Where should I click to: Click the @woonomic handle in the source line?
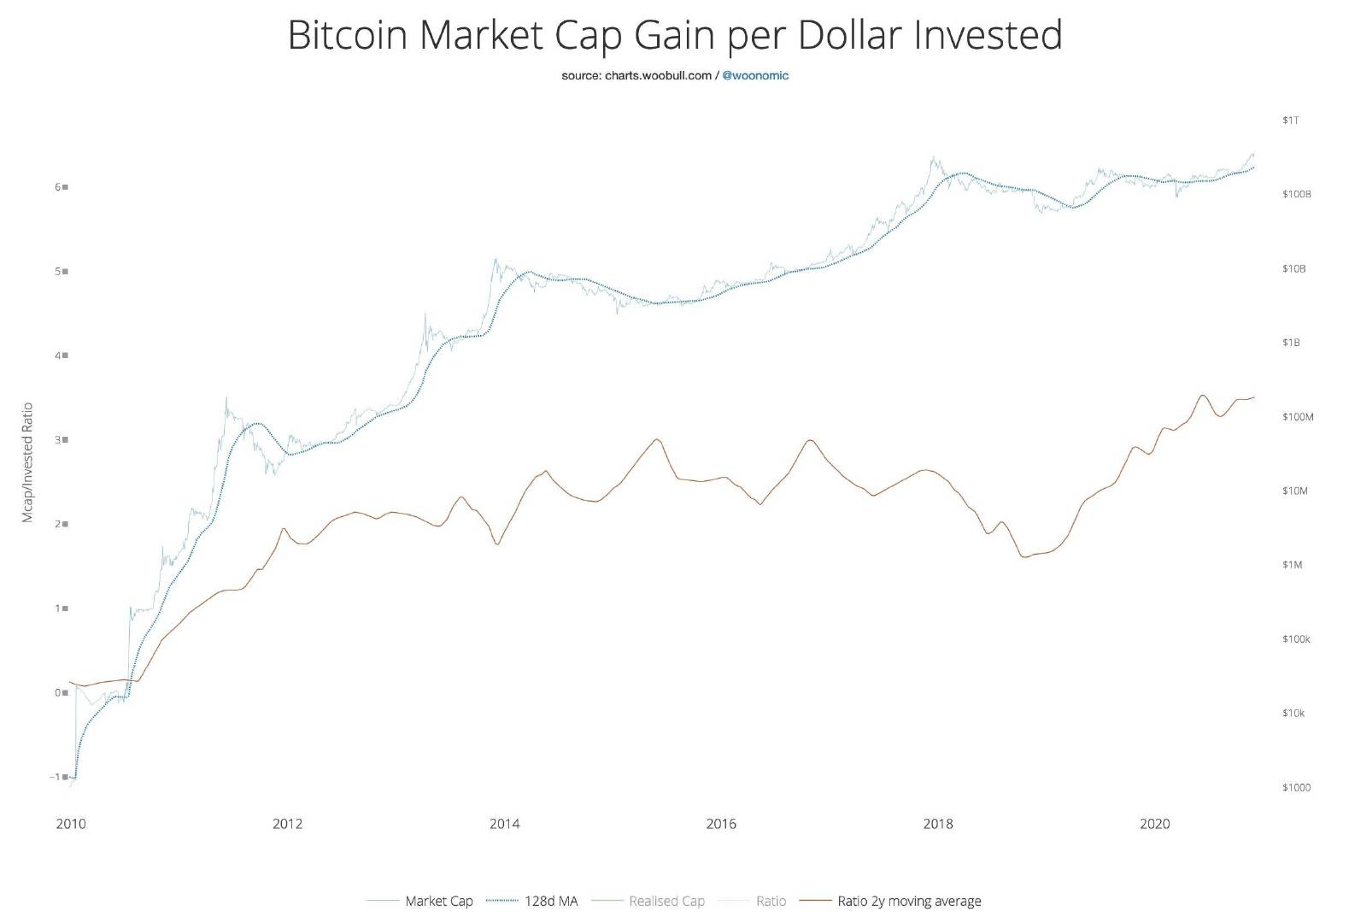(755, 75)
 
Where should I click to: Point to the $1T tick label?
(1290, 121)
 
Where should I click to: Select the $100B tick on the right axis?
(1296, 195)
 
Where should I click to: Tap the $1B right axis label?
(1291, 343)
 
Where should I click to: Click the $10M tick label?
(1294, 491)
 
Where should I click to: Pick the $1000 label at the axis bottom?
(1296, 788)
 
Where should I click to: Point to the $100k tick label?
(1296, 639)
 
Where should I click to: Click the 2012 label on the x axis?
(287, 825)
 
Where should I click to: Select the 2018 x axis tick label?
(938, 825)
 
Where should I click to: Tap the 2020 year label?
(1155, 825)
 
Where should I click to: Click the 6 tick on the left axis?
(58, 186)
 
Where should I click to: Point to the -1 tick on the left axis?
(56, 777)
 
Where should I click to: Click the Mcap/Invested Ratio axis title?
(27, 462)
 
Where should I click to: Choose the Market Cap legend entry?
(438, 901)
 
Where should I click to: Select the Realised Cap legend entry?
(666, 901)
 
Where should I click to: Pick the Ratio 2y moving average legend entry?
(909, 901)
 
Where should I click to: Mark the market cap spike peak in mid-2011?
(226, 397)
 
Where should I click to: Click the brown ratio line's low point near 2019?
(1023, 557)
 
